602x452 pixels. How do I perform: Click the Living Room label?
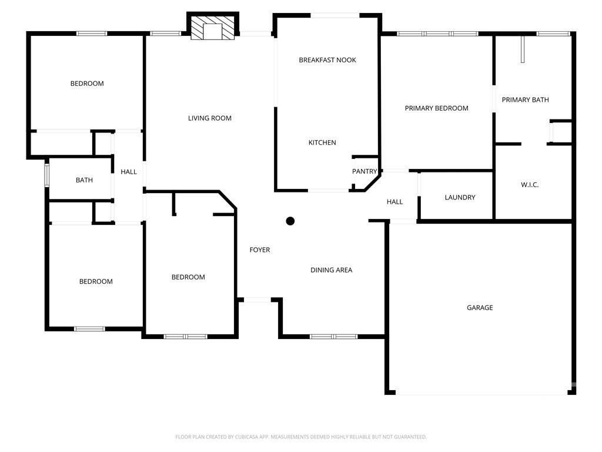coord(210,118)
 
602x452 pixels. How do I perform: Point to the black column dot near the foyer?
coord(290,221)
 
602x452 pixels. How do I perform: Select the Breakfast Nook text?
coord(327,60)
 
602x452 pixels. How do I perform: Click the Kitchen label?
coord(322,142)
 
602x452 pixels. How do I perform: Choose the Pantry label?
coord(364,171)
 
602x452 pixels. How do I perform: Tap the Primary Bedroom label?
coord(437,108)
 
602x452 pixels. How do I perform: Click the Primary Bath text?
coord(525,100)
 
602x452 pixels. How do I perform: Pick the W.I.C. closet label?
coord(530,185)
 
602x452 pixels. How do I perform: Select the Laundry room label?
coord(460,198)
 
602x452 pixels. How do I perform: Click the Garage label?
coord(480,308)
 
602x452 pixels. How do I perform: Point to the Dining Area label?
coord(332,270)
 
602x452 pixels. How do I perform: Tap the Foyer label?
coord(259,250)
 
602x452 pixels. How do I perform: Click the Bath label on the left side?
coord(84,180)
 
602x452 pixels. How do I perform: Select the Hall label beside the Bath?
coord(129,172)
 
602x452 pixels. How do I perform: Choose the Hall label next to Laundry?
coord(394,202)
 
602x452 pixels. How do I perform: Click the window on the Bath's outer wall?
coord(47,175)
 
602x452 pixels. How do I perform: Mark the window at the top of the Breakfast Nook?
coord(335,15)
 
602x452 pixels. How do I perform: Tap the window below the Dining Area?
coord(334,337)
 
